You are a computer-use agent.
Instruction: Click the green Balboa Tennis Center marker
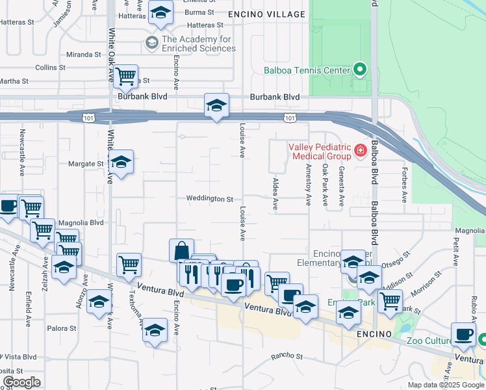click(x=359, y=70)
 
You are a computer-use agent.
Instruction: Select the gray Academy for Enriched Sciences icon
click(x=152, y=44)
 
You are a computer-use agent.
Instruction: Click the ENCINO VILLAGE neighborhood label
click(x=266, y=14)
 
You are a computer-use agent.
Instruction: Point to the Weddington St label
click(x=209, y=199)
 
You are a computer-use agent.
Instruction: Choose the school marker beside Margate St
click(x=121, y=162)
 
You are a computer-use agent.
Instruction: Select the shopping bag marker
click(x=181, y=251)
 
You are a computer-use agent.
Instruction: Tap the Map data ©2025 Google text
click(x=446, y=385)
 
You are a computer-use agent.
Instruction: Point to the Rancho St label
click(x=287, y=356)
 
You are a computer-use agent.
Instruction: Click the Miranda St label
click(x=84, y=54)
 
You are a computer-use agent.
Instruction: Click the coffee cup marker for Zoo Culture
click(x=464, y=334)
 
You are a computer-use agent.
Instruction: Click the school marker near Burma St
click(x=160, y=12)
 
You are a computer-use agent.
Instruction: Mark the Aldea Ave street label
click(x=276, y=194)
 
